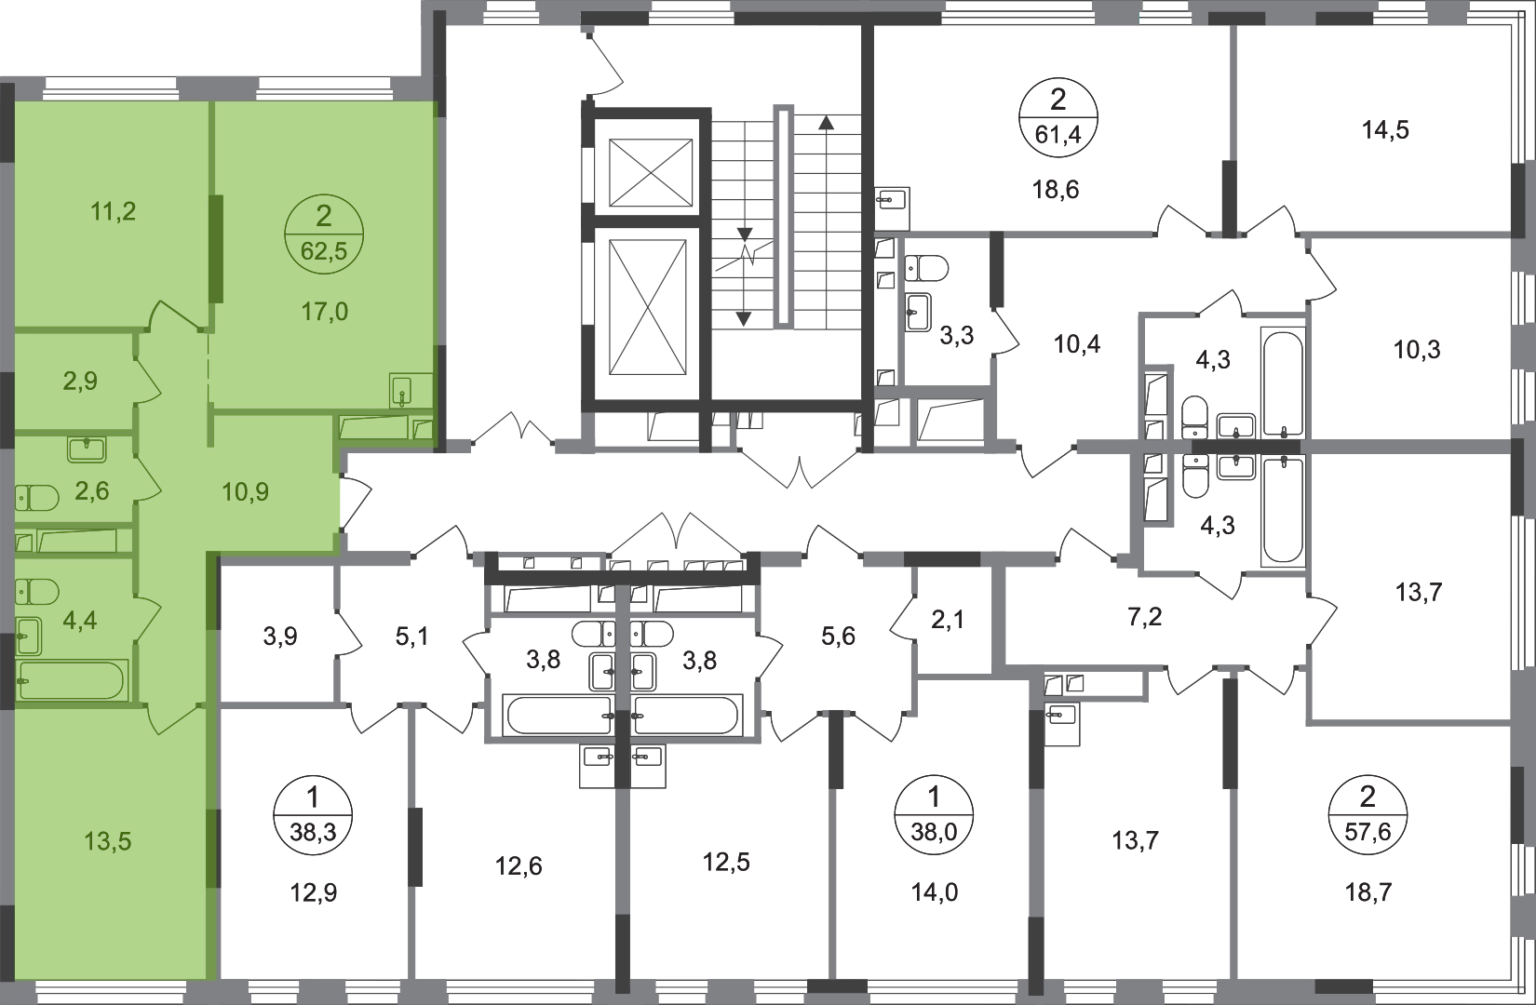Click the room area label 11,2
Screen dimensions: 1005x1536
coord(114,212)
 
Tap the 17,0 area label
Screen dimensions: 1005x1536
coord(324,312)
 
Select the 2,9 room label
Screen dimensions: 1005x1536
coord(80,381)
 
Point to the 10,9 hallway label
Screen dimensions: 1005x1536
coord(246,491)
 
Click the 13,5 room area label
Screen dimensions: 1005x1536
coord(108,842)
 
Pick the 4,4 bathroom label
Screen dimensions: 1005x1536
coord(80,620)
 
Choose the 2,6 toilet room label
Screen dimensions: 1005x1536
coord(91,491)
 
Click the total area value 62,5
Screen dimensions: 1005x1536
coord(324,251)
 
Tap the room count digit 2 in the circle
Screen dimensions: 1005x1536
coord(324,218)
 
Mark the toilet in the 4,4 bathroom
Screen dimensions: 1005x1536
coord(37,591)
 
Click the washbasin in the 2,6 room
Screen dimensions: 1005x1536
coord(87,451)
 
